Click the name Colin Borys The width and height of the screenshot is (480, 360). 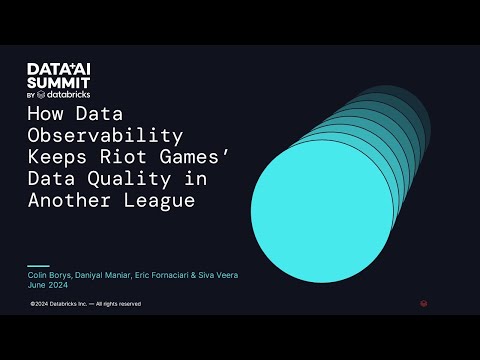tap(49, 274)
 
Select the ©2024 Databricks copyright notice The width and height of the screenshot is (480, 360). tap(86, 304)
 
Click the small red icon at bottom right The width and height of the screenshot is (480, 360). tap(424, 304)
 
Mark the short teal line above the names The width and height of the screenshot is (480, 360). tap(38, 265)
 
